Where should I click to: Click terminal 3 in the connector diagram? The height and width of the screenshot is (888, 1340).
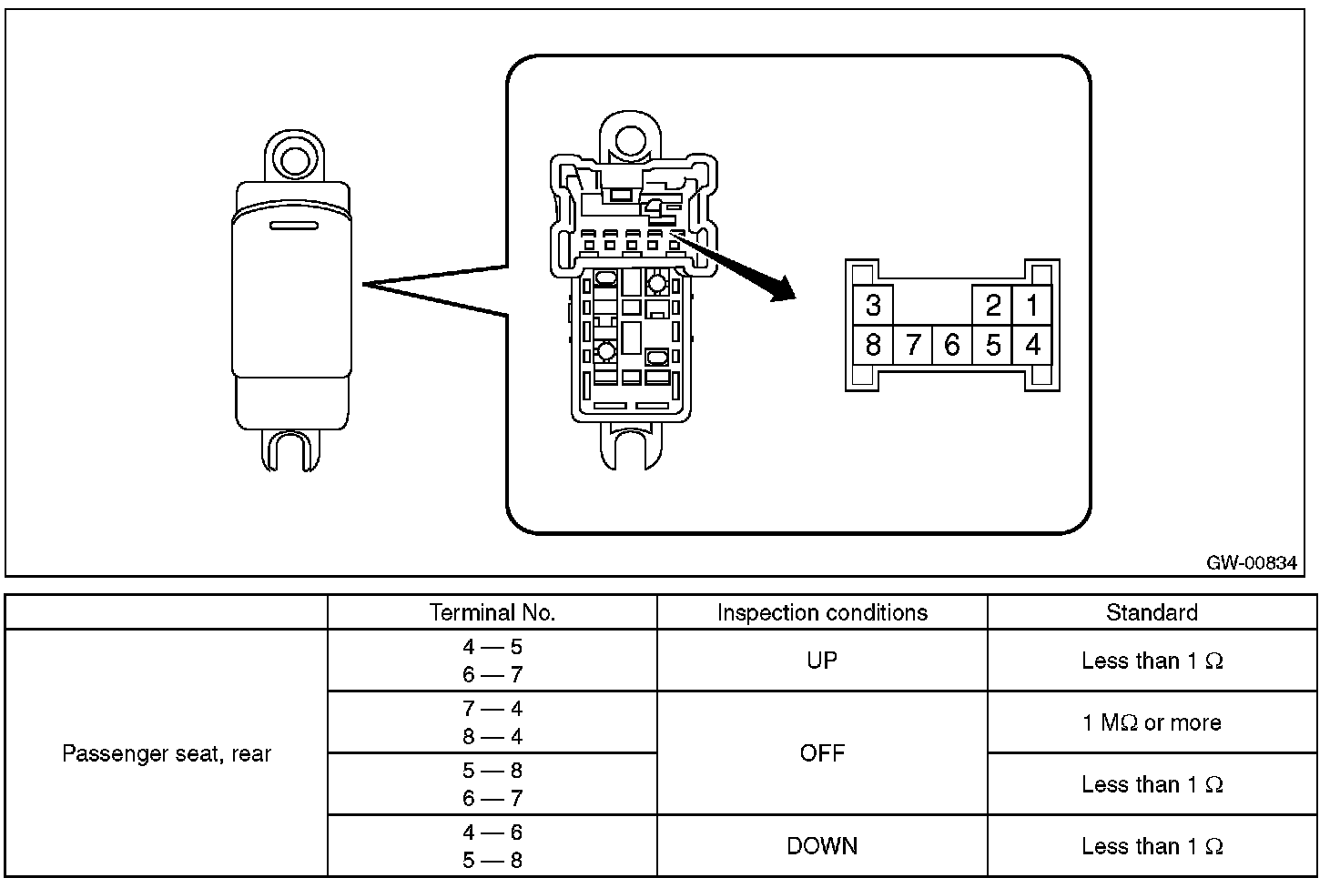pyautogui.click(x=873, y=305)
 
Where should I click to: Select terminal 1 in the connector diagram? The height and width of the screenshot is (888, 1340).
pyautogui.click(x=1032, y=305)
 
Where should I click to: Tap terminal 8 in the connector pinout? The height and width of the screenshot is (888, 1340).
pyautogui.click(x=873, y=345)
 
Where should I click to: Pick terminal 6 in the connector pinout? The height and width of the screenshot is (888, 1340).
pyautogui.click(x=952, y=345)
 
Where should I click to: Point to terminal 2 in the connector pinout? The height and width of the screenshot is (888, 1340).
pyautogui.click(x=993, y=305)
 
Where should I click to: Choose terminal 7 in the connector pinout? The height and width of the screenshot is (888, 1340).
pyautogui.click(x=913, y=345)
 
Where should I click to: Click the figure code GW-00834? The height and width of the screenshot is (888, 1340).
pyautogui.click(x=1251, y=562)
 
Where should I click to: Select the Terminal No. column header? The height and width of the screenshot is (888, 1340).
pyautogui.click(x=492, y=612)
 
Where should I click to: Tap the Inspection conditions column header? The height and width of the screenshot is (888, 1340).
pyautogui.click(x=822, y=612)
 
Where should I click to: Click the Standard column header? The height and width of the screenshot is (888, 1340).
pyautogui.click(x=1152, y=612)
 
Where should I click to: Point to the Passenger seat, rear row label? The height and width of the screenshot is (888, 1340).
pyautogui.click(x=167, y=753)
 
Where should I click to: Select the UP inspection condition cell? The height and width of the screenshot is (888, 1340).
pyautogui.click(x=822, y=661)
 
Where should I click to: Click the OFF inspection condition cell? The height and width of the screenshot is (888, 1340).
pyautogui.click(x=822, y=753)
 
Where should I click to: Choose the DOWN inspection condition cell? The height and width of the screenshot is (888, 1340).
pyautogui.click(x=822, y=846)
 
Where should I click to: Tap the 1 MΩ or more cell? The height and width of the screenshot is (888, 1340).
pyautogui.click(x=1152, y=722)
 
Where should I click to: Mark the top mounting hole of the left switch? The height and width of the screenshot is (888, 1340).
pyautogui.click(x=293, y=160)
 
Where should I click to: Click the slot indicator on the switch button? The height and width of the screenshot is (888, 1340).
pyautogui.click(x=292, y=225)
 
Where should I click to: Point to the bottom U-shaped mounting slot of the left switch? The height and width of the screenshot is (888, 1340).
pyautogui.click(x=292, y=449)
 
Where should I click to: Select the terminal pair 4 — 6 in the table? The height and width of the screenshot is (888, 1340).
pyautogui.click(x=492, y=832)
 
